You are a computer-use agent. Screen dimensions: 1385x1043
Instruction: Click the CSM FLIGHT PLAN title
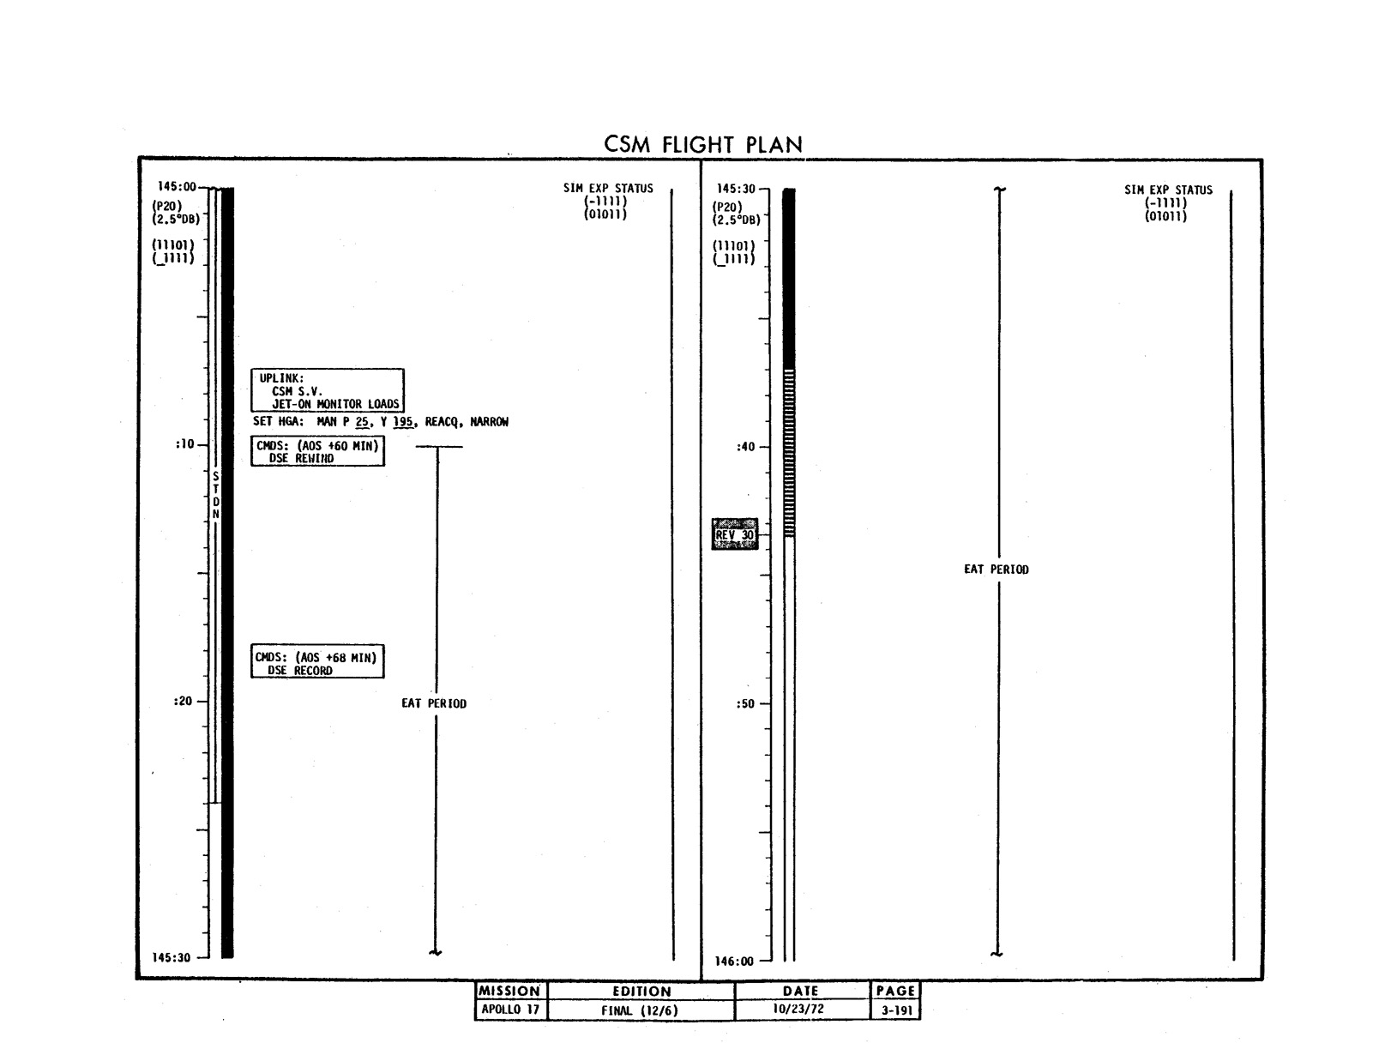pyautogui.click(x=702, y=144)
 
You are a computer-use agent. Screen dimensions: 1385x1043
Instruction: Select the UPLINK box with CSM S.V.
pyautogui.click(x=327, y=390)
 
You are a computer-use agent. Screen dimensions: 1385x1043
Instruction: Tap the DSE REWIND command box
pyautogui.click(x=317, y=451)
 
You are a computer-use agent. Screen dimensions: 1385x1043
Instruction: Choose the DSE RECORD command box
pyautogui.click(x=316, y=661)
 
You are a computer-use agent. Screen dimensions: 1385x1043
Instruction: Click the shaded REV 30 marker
pyautogui.click(x=734, y=534)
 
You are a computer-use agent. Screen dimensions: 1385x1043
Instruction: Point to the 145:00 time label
pyautogui.click(x=177, y=187)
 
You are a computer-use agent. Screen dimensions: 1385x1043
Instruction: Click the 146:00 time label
pyautogui.click(x=734, y=962)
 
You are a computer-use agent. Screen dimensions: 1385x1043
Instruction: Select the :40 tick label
pyautogui.click(x=745, y=448)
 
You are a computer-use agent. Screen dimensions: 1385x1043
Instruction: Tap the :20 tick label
pyautogui.click(x=183, y=701)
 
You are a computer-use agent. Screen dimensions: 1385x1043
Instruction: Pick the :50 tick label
pyautogui.click(x=745, y=704)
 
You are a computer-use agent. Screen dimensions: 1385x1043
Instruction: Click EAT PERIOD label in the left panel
pyautogui.click(x=434, y=703)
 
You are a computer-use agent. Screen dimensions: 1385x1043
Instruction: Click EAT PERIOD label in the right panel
pyautogui.click(x=997, y=570)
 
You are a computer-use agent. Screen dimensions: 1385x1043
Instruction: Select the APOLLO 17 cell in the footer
pyautogui.click(x=510, y=1010)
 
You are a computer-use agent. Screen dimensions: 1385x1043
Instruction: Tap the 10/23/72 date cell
pyautogui.click(x=798, y=1009)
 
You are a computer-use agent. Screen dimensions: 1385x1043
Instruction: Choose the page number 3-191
pyautogui.click(x=896, y=1010)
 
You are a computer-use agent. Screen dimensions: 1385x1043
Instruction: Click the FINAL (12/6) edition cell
pyautogui.click(x=640, y=1010)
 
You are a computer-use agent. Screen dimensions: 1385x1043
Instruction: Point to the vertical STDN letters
pyautogui.click(x=216, y=495)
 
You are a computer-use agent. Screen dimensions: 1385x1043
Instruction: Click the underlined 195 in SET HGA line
pyautogui.click(x=402, y=422)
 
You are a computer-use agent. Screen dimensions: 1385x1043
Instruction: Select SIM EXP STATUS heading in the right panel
pyautogui.click(x=1168, y=190)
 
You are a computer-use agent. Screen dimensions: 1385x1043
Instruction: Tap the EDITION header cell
pyautogui.click(x=641, y=992)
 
